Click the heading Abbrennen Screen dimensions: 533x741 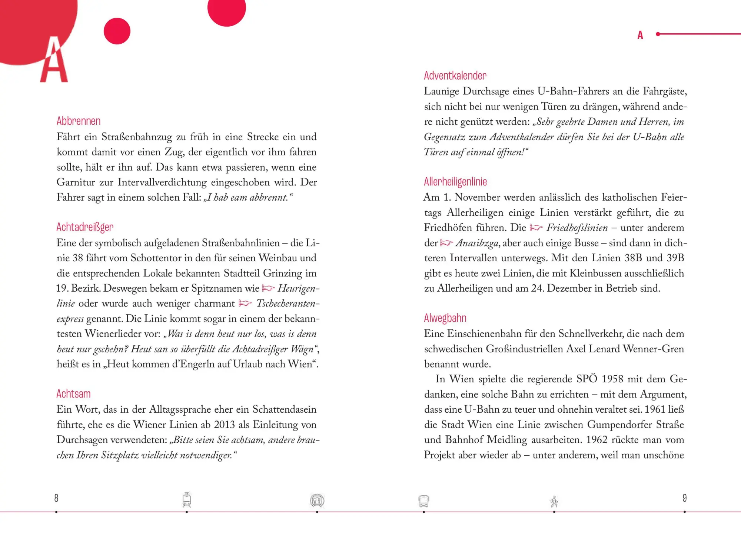(x=79, y=121)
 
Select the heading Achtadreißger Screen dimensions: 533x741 (x=85, y=227)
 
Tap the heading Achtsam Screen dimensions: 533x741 (x=73, y=394)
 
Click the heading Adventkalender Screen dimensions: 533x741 (x=455, y=76)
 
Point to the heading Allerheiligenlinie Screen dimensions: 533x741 (x=455, y=182)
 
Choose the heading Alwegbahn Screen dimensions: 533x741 (x=445, y=318)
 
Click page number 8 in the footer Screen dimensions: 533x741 (x=56, y=498)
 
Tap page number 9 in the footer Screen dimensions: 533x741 (x=684, y=498)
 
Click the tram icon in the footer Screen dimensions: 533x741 (x=187, y=500)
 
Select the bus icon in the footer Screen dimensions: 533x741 (x=423, y=501)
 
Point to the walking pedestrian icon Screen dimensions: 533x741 (x=554, y=502)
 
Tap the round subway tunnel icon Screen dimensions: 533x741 (x=317, y=500)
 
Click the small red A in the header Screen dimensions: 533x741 (x=640, y=35)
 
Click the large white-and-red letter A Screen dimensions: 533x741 (x=54, y=61)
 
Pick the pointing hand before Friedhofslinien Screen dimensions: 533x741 (x=536, y=228)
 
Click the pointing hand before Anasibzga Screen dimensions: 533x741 (x=446, y=243)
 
